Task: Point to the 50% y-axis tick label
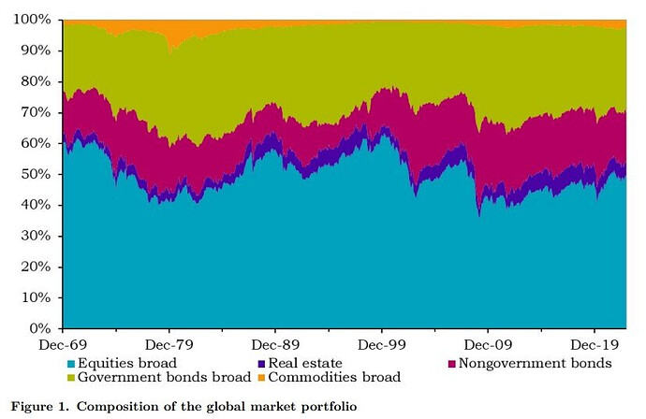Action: coord(40,174)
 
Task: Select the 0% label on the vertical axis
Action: coord(44,329)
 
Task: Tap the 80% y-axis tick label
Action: coord(40,81)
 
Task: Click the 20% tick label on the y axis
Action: coord(40,267)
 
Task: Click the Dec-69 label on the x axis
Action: coord(63,345)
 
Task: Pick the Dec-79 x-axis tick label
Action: coord(169,345)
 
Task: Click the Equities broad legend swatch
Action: coord(72,363)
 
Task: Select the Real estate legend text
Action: coord(305,363)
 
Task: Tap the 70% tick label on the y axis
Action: coord(40,112)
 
